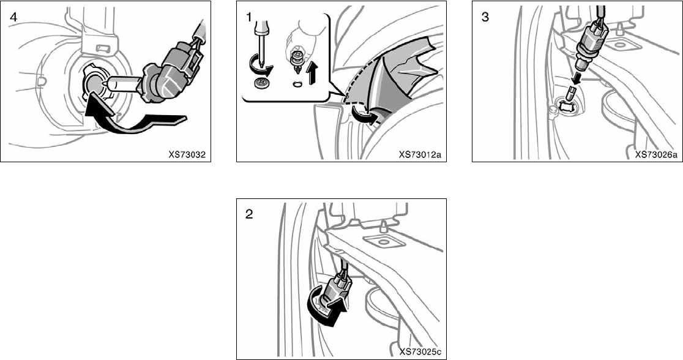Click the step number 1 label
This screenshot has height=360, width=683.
249,17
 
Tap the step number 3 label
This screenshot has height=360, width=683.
485,17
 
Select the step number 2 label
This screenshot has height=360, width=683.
249,214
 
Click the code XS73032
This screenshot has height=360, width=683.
188,154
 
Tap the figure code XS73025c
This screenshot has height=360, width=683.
422,351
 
